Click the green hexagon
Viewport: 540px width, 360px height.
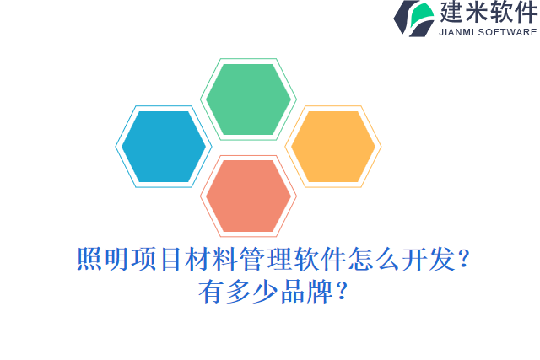[248, 99]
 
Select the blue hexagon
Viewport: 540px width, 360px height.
[164, 147]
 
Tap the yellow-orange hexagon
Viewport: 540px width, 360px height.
[333, 147]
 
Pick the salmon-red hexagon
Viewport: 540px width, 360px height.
[248, 196]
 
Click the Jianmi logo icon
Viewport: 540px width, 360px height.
[413, 18]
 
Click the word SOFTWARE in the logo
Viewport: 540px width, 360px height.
[507, 32]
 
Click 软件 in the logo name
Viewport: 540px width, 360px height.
[512, 13]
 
